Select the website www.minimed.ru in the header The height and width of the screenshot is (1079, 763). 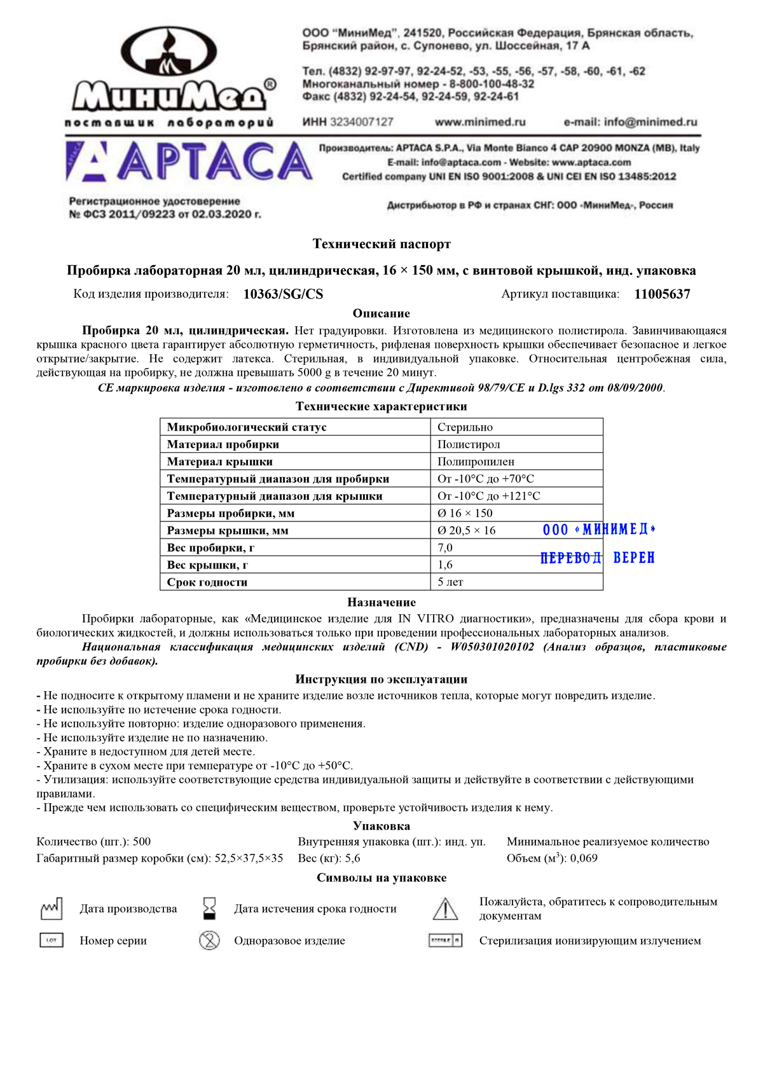[480, 122]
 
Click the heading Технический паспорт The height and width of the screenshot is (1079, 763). [381, 244]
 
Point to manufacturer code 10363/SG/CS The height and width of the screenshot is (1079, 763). [283, 294]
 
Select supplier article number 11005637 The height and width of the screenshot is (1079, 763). [662, 294]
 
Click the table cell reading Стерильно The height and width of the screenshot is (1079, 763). [465, 427]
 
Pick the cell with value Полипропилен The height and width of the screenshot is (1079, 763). [476, 462]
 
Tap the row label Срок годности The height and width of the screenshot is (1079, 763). [207, 582]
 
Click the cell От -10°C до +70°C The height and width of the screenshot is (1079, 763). [485, 479]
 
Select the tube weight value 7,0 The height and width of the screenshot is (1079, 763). [445, 547]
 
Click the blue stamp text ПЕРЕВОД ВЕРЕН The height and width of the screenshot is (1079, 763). [597, 558]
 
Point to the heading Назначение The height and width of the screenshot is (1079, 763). [381, 602]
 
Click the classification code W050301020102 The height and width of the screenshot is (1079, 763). [492, 647]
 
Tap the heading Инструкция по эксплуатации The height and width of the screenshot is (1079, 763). [381, 680]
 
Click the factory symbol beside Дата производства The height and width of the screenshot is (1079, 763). [52, 909]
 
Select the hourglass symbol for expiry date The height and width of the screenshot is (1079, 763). [209, 909]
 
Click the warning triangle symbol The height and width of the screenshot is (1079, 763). [445, 909]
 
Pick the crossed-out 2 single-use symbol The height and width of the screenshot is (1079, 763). [209, 940]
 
